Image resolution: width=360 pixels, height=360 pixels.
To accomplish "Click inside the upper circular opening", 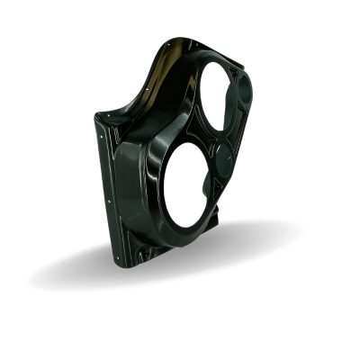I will point(216,101).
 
